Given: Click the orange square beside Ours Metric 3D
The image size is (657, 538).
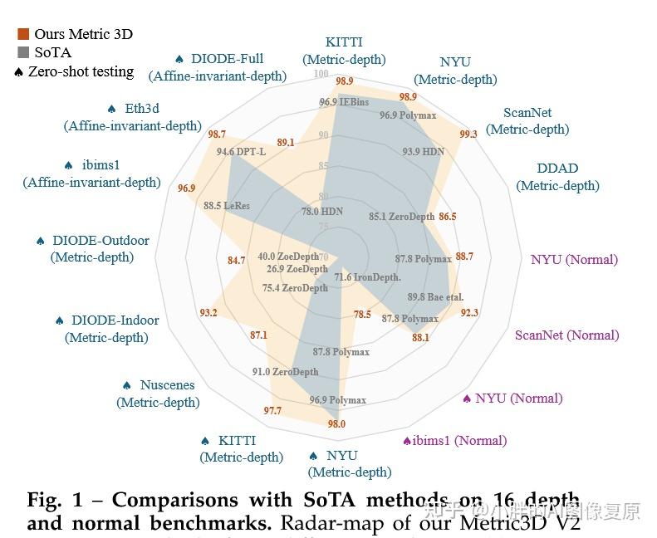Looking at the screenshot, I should click(23, 34).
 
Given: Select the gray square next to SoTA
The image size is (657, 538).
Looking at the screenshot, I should click(23, 52).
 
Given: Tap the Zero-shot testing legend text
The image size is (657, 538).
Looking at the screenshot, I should click(81, 71).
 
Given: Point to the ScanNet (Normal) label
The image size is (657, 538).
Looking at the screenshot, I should click(566, 335).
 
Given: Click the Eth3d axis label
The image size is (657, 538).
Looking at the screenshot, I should click(132, 117).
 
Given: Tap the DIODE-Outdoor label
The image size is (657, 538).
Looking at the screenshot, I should click(92, 248).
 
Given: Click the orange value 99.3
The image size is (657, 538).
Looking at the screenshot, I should click(468, 134).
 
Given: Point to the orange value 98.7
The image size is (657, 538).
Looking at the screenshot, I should click(217, 134).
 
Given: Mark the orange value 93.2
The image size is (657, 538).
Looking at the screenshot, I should click(208, 313).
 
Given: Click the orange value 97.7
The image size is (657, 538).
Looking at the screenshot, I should click(272, 411).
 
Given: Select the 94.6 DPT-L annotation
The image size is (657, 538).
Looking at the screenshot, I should click(241, 152).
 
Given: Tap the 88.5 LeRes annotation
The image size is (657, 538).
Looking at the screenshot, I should click(226, 205).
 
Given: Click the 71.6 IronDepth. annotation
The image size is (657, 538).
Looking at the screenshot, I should click(367, 276).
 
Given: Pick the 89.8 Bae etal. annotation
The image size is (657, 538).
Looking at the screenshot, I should click(435, 296).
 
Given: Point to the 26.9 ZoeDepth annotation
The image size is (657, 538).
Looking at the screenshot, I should click(297, 269).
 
